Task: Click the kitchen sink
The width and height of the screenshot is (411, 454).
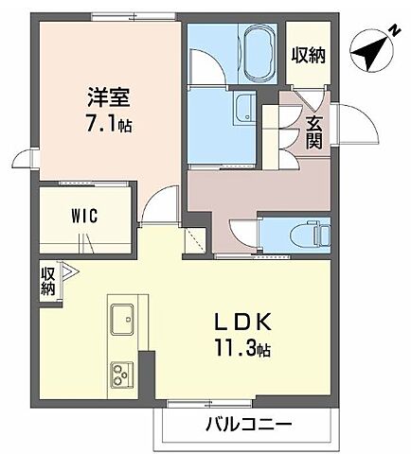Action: (125, 319)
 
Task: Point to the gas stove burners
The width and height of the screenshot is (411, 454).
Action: (123, 375)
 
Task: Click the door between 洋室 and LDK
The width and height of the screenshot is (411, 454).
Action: (163, 206)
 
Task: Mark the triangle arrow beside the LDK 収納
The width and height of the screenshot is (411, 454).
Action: (65, 269)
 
